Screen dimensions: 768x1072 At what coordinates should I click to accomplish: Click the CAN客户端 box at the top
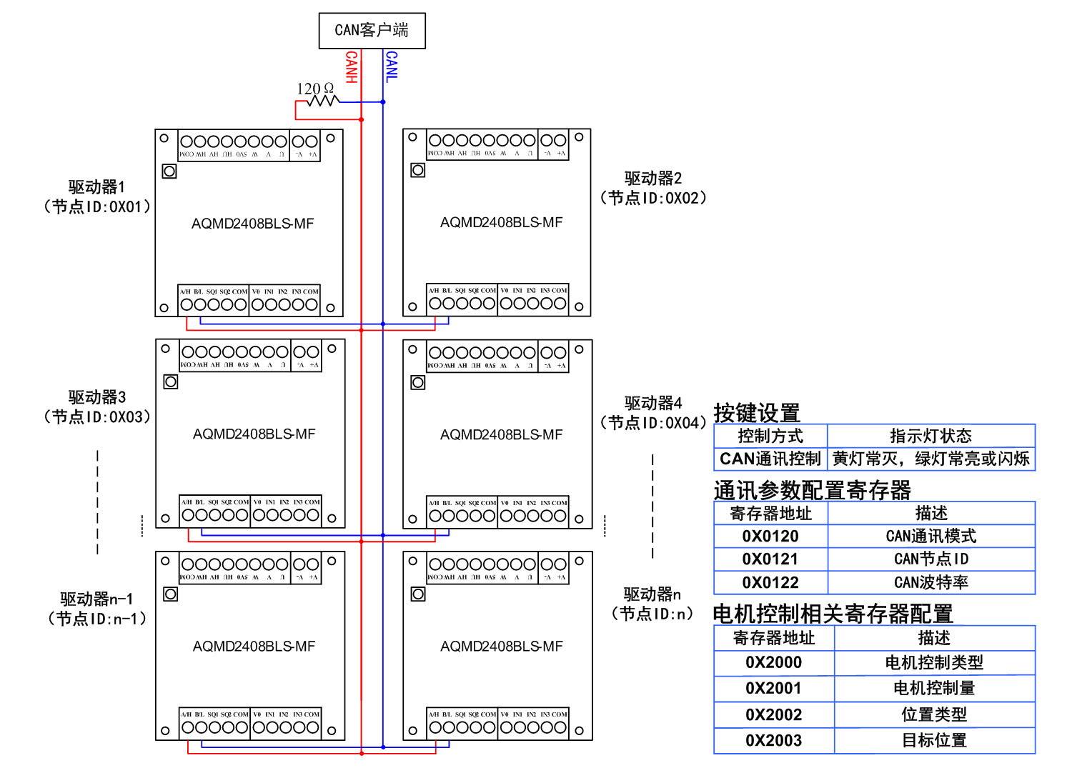click(372, 31)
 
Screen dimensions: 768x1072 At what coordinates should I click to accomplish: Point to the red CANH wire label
click(351, 67)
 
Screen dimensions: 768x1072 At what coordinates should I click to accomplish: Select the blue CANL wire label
click(392, 66)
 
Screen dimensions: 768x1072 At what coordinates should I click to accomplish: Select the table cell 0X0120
click(770, 537)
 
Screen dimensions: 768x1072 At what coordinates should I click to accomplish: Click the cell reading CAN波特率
click(931, 582)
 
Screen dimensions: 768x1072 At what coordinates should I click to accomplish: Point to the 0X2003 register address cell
click(773, 741)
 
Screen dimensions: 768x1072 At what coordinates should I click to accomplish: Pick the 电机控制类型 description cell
click(934, 663)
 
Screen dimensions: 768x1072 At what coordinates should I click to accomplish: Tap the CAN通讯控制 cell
click(770, 459)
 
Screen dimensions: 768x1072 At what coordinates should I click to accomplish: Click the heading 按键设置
click(757, 413)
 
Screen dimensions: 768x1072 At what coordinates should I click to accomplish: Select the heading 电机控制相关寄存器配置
click(833, 614)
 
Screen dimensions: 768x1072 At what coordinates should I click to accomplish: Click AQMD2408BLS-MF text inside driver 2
click(501, 223)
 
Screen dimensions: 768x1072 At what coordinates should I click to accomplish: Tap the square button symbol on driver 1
click(169, 171)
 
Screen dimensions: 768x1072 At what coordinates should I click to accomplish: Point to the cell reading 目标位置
click(934, 741)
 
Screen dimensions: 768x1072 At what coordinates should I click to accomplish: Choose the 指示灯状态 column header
click(930, 436)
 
